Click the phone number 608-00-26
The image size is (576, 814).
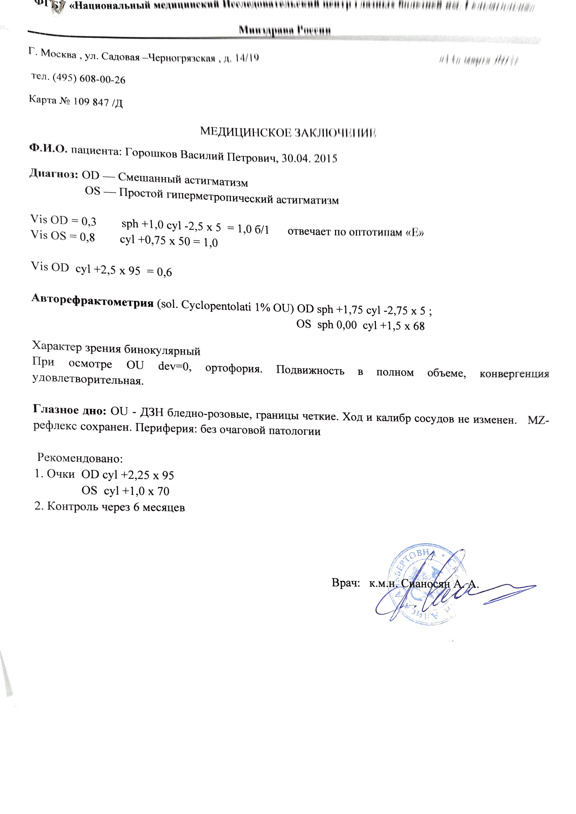(x=102, y=79)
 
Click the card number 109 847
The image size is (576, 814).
(x=91, y=102)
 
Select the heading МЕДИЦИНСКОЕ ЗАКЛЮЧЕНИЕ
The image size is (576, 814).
(x=288, y=132)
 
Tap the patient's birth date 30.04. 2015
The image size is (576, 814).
(x=309, y=158)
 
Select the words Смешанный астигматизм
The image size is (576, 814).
(x=183, y=179)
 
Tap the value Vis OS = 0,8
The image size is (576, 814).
(x=63, y=236)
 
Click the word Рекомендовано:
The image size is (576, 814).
(x=80, y=458)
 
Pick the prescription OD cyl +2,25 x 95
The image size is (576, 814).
(x=128, y=475)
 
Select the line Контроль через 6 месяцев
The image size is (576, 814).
(x=110, y=507)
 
